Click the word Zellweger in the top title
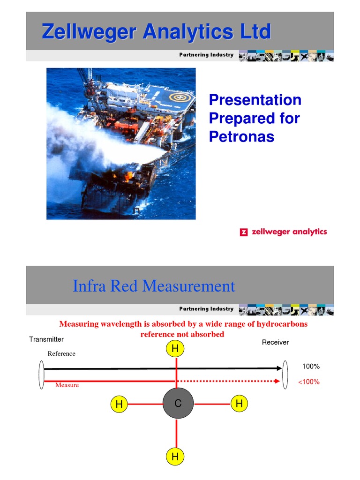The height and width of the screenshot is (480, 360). coord(89,32)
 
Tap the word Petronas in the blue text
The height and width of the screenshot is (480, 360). coord(241,136)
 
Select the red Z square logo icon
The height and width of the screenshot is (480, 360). coord(243,232)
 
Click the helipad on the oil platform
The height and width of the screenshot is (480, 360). coord(178,98)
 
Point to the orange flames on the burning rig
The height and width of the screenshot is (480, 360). coord(127,177)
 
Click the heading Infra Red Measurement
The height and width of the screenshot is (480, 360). coord(154,285)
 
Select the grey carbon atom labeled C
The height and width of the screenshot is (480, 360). coord(178,404)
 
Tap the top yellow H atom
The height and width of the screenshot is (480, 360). coord(175,348)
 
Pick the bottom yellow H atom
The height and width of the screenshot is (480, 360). coord(175,456)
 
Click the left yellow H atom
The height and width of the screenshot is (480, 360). coord(119,404)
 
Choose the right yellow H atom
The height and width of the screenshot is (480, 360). coord(239,404)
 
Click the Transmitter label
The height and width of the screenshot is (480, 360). coord(46,339)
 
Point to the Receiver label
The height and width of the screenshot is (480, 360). coord(275,343)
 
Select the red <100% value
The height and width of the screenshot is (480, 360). coord(309,382)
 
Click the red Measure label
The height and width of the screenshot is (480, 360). coord(67,385)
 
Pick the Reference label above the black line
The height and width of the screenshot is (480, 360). coord(61,354)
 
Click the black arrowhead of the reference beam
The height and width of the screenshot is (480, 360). coord(278,368)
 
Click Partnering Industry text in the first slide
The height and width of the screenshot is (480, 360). coord(206,55)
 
